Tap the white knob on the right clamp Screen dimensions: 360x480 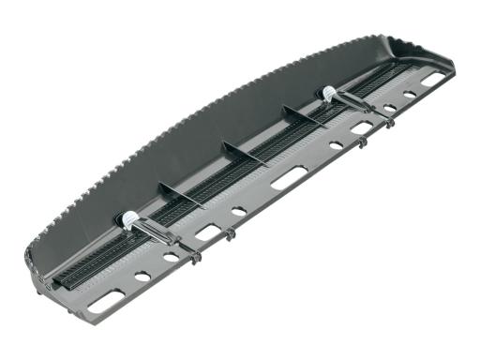330,93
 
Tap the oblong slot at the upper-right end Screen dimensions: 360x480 432,81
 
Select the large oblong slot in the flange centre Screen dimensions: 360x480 289,177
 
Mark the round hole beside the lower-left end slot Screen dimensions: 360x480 142,277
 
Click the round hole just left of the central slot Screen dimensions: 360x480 239,212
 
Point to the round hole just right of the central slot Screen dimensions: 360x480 336,145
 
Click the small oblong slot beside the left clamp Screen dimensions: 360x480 208,232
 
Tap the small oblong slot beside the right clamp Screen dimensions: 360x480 362,127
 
